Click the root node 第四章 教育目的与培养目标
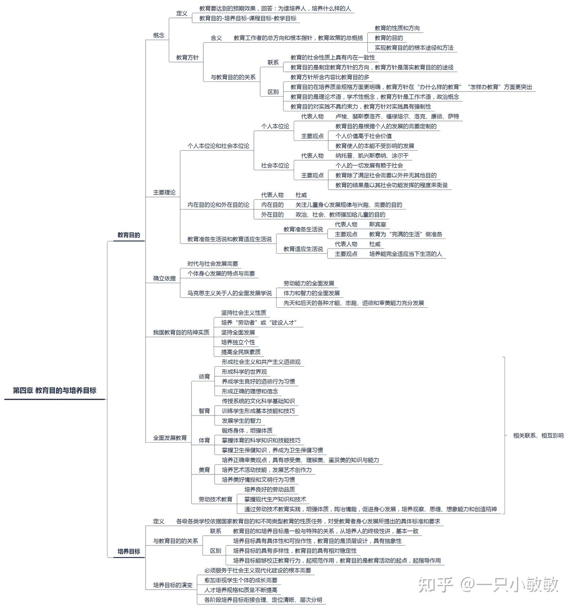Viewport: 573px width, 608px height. coord(55,390)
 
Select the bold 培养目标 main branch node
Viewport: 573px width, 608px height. coord(129,552)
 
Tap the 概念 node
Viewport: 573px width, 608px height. coord(159,35)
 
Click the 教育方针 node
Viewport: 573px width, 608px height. coord(187,58)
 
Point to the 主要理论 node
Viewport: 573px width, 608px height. coord(164,192)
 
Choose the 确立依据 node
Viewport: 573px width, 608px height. coord(164,278)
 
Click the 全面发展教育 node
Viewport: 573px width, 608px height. coord(170,438)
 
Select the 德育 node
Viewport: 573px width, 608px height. coord(205,377)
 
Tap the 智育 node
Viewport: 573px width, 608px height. coord(205,411)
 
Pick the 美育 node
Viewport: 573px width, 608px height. coord(205,470)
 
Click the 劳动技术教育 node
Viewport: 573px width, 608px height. coord(216,499)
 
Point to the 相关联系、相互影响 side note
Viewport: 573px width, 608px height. coord(538,435)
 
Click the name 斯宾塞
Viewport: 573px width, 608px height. coord(378,224)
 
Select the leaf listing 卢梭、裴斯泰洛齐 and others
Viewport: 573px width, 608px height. coord(397,117)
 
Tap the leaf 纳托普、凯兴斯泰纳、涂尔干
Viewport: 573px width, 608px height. coord(372,155)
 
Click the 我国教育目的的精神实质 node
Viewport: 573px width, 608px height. coord(181,332)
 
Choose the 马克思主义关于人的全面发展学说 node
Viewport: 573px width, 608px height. coord(230,293)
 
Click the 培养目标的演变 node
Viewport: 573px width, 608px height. coord(173,585)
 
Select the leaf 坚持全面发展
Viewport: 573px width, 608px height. coord(238,332)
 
